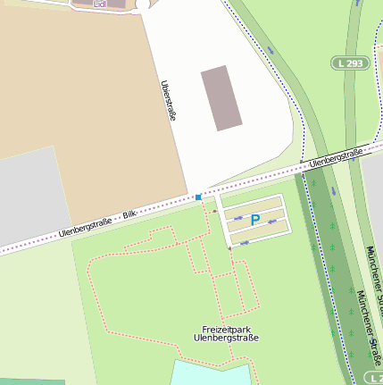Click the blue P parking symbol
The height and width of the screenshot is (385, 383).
tap(254, 220)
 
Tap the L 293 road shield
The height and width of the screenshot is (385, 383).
tap(351, 63)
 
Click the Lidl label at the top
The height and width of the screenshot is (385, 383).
tap(87, 4)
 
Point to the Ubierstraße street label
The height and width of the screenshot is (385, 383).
tap(166, 100)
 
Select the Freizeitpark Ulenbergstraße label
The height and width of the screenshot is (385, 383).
tap(226, 333)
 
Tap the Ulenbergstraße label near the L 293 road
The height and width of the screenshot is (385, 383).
tap(336, 158)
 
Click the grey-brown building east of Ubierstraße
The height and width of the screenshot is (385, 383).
tap(221, 96)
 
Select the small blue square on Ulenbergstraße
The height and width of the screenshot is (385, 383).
tap(198, 197)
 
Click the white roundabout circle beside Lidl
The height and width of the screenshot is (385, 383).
tap(143, 4)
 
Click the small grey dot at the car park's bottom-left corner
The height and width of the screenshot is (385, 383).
tap(229, 248)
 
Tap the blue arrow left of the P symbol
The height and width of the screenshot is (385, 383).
tap(238, 218)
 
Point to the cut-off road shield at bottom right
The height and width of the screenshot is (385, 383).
tap(376, 380)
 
